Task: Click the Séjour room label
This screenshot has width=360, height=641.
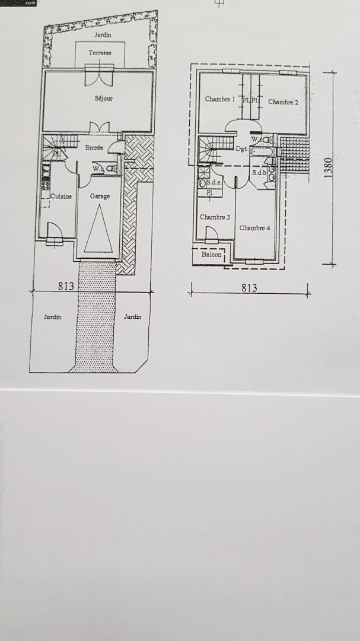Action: (103, 99)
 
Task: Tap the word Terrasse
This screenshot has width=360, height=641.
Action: (99, 53)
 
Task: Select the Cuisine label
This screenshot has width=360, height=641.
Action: (61, 196)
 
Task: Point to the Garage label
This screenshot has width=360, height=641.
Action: (100, 196)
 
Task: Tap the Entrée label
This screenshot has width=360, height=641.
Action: (94, 148)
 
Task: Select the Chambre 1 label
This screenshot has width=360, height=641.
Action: (220, 99)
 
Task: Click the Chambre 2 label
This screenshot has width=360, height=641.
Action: (283, 101)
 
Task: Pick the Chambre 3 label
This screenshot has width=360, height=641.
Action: (215, 217)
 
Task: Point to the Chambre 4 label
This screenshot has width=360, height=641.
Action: (255, 228)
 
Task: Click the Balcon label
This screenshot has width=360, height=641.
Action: (211, 255)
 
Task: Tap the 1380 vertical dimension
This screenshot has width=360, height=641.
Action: (328, 169)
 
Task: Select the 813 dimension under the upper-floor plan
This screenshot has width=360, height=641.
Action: (249, 288)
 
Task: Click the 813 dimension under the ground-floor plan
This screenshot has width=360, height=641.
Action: (66, 286)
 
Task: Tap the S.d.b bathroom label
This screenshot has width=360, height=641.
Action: (259, 173)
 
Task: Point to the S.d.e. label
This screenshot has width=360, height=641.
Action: (214, 183)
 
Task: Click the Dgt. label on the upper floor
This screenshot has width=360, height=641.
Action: (241, 150)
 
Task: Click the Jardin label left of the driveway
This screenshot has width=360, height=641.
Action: (53, 317)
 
